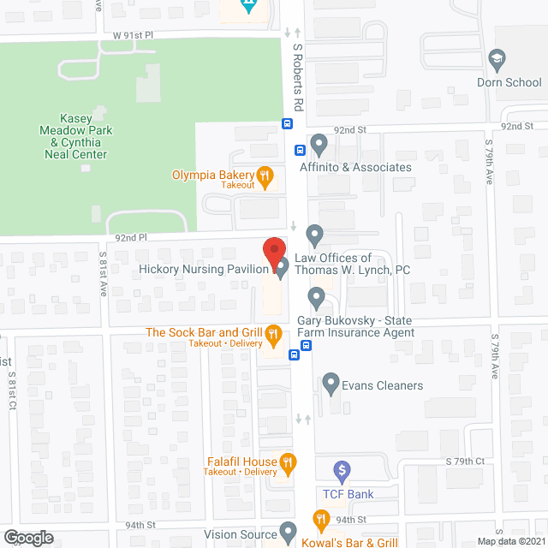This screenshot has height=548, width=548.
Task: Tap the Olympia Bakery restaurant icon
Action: tap(265, 177)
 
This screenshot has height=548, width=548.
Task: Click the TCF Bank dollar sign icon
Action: tap(342, 469)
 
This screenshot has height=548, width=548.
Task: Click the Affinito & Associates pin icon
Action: tap(319, 143)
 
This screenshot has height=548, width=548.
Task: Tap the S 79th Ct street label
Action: tap(465, 462)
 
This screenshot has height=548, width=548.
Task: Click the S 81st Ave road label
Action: tap(102, 273)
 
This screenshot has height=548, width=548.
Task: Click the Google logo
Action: tap(27, 537)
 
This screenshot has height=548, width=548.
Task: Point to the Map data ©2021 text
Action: tap(510, 541)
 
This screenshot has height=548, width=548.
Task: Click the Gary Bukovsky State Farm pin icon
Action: tap(316, 300)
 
